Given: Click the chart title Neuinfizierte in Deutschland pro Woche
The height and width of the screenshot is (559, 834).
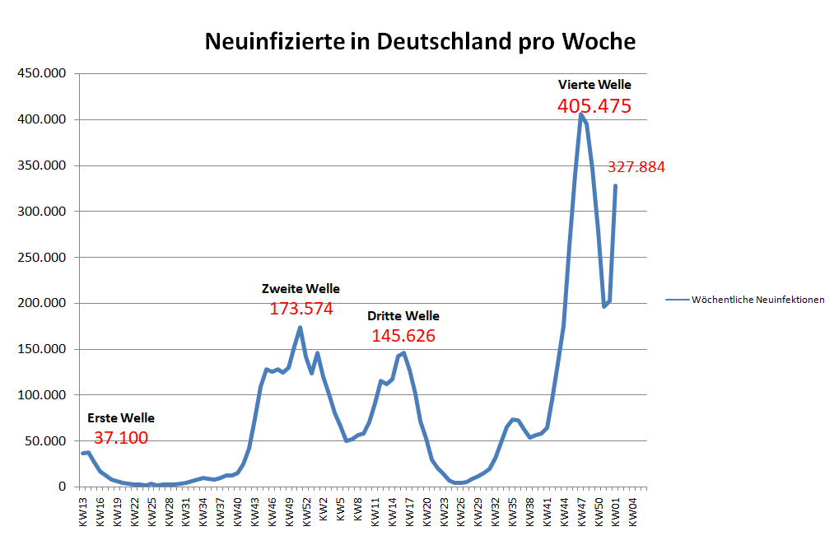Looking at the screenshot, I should coord(420,42).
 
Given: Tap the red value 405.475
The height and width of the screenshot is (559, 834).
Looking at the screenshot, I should coord(594,106).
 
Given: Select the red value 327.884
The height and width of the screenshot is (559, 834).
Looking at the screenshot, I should coord(636,167).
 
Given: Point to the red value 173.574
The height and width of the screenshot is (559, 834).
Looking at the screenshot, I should coord(301,309).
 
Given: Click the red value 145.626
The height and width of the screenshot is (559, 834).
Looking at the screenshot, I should coord(403,336).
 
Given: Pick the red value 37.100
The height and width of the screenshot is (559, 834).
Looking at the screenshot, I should coord(121,438).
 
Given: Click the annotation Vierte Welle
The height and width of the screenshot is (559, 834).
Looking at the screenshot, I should coord(594,84).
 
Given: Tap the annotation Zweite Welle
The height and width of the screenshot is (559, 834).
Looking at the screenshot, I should coord(301,289).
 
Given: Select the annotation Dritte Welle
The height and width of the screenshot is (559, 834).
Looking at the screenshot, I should coord(403,316).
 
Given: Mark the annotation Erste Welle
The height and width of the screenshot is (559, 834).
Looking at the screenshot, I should coord(121,418).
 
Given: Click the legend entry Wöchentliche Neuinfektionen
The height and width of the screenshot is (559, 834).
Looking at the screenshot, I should coord(757,300).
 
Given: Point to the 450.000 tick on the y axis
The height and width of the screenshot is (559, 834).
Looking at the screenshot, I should coord(41,74).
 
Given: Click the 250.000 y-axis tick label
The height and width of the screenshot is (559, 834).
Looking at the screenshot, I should coord(41,258).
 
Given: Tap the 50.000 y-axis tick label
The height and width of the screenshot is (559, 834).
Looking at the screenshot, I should coord(44,441).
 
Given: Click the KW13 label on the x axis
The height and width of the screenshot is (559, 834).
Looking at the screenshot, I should coord(83,510).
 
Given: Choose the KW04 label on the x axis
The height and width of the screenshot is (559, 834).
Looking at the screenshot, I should coord(632,510).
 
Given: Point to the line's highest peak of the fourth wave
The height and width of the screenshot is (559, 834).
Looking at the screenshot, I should coord(580,114).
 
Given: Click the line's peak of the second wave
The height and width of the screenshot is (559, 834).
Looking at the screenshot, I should coord(300,328).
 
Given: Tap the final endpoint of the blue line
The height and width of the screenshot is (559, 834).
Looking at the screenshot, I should coord(615,186).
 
